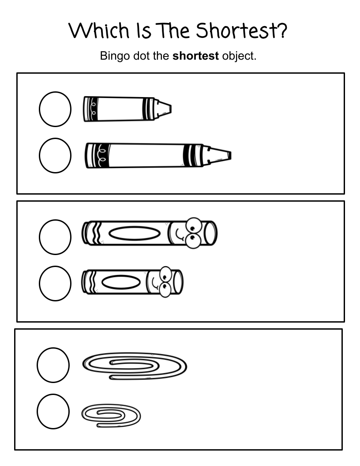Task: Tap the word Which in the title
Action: (x=99, y=30)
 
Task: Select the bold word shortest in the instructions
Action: (x=195, y=56)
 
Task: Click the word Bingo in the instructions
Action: (x=115, y=56)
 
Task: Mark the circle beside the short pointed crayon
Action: (x=55, y=109)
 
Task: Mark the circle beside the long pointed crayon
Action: (x=55, y=155)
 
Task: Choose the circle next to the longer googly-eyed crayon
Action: (x=55, y=237)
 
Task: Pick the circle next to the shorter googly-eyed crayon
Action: (x=55, y=283)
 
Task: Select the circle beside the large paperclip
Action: (x=53, y=365)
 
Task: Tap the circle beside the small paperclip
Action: (x=53, y=412)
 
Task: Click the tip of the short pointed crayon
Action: (x=171, y=109)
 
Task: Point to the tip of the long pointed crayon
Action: (x=230, y=155)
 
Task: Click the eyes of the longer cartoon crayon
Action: (x=193, y=233)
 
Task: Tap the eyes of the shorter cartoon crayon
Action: (x=165, y=282)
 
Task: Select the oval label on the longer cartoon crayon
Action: (x=135, y=233)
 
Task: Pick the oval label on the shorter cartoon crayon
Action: (x=121, y=282)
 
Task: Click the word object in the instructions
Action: (x=239, y=56)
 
